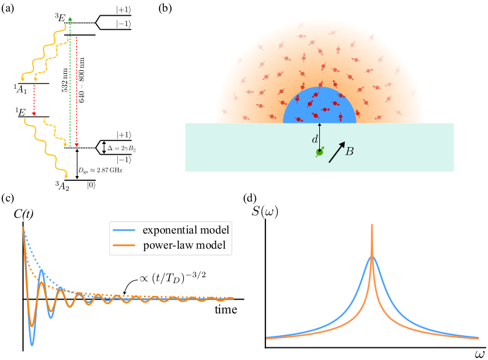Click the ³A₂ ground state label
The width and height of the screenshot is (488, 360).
pyautogui.click(x=63, y=185)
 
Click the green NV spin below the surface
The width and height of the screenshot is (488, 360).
pyautogui.click(x=319, y=153)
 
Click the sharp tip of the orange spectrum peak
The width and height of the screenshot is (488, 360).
pyautogui.click(x=372, y=226)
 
